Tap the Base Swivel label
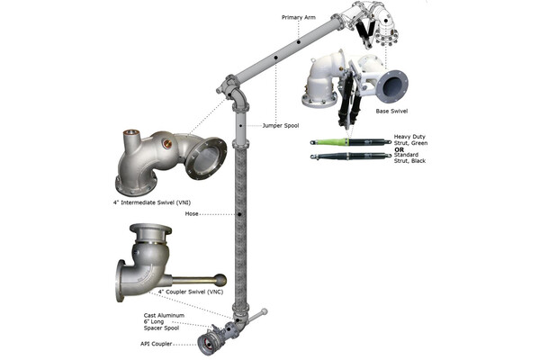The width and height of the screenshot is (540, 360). (x=393, y=112)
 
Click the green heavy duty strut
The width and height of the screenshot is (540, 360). (x=346, y=142)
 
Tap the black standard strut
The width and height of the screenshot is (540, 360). (x=346, y=157)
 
